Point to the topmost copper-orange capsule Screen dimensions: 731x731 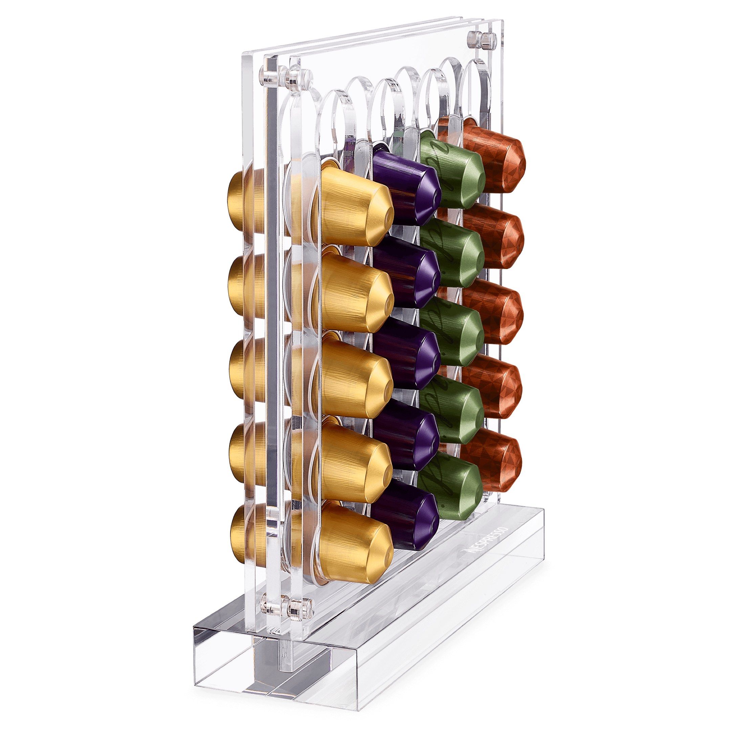coord(496,159)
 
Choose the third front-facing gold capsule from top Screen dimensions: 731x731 coord(354,375)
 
